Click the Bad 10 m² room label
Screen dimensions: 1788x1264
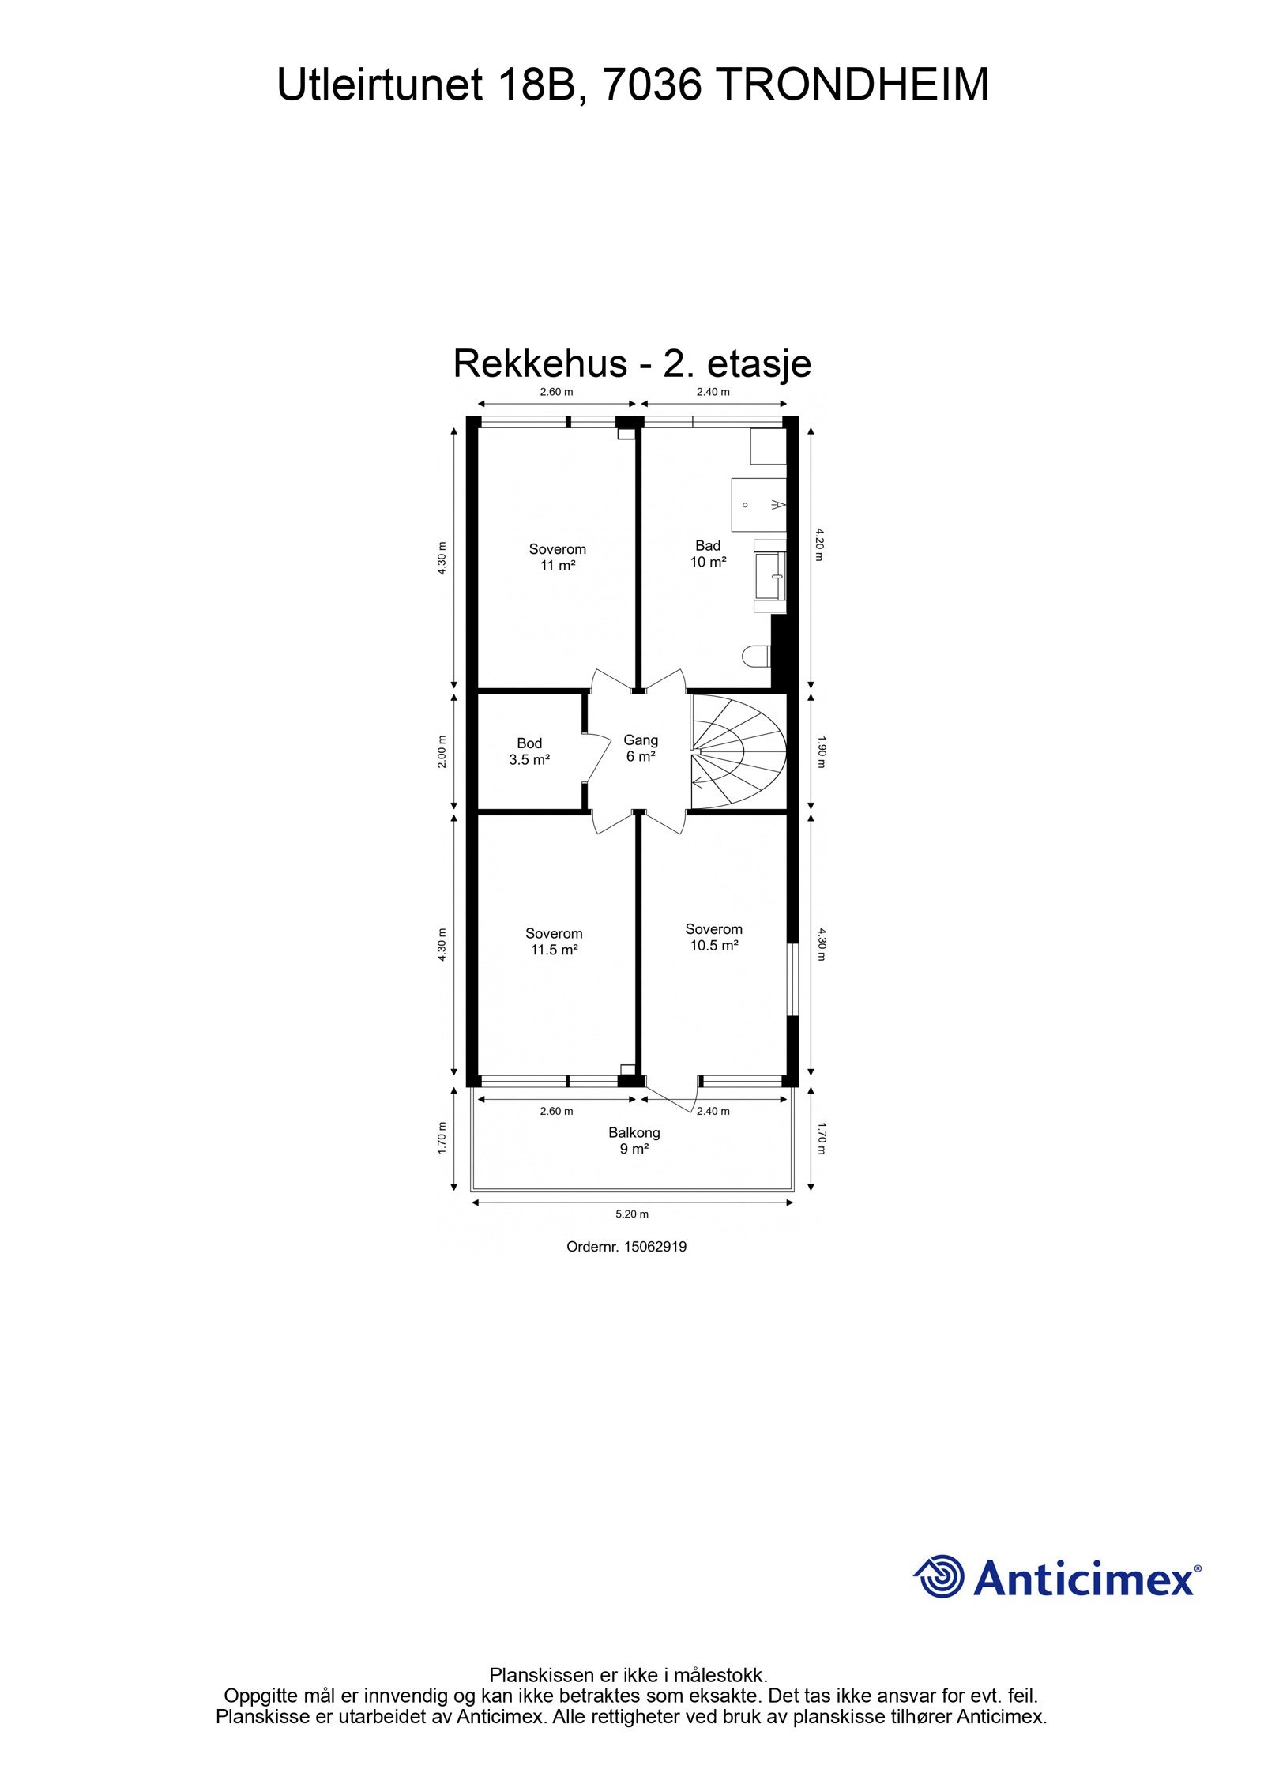708,554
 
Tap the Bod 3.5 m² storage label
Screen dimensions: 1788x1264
529,751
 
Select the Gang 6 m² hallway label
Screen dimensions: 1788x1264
641,748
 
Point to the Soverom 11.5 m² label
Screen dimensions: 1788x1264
554,942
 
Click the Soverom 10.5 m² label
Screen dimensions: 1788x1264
713,937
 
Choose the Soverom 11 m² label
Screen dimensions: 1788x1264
557,557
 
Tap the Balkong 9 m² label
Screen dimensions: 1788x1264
634,1140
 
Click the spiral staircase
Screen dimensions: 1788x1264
738,751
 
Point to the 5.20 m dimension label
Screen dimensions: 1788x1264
632,1214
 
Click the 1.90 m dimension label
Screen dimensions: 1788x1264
821,752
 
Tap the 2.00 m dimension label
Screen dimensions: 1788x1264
442,751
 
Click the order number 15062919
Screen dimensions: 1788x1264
655,1247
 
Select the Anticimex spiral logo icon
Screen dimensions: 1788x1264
940,1576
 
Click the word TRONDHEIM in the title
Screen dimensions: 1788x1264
854,85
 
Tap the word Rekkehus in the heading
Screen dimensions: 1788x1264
540,364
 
